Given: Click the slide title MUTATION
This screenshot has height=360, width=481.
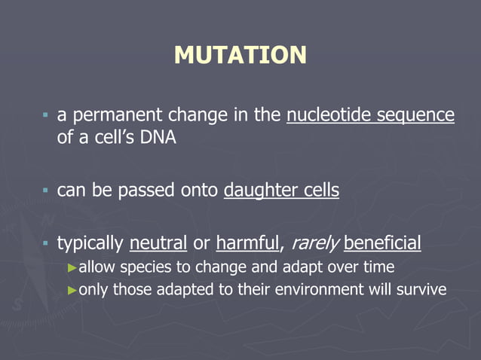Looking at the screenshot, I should click(x=240, y=55).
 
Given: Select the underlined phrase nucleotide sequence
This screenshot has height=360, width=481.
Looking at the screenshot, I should click(x=370, y=116).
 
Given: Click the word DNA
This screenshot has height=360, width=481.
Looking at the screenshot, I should click(x=157, y=139).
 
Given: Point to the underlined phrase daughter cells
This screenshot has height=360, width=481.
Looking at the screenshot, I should click(x=281, y=191).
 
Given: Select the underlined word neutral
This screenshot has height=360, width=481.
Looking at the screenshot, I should click(x=158, y=243).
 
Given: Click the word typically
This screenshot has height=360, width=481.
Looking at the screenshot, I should click(x=90, y=243).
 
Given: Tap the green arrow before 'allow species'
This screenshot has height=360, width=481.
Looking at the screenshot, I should click(x=72, y=267).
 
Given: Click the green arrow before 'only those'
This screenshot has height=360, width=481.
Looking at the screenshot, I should click(x=72, y=290).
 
